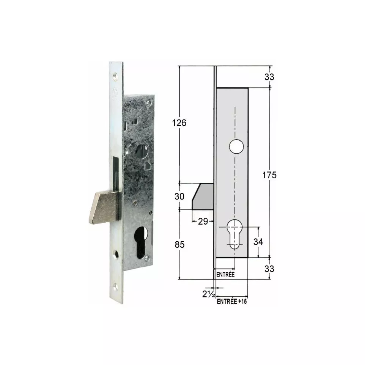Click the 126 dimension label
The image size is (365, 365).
coord(179,123)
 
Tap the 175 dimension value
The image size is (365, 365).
coord(269,175)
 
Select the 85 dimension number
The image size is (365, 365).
coord(179,244)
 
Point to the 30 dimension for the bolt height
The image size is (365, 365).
coord(179,197)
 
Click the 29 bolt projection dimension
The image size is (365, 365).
coord(203,221)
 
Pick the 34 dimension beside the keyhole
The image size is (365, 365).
coord(258,242)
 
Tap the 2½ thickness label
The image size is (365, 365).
coord(209,294)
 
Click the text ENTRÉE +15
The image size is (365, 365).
coord(231,302)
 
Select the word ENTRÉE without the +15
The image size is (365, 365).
coord(225,274)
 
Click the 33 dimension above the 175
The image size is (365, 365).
coord(269,77)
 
